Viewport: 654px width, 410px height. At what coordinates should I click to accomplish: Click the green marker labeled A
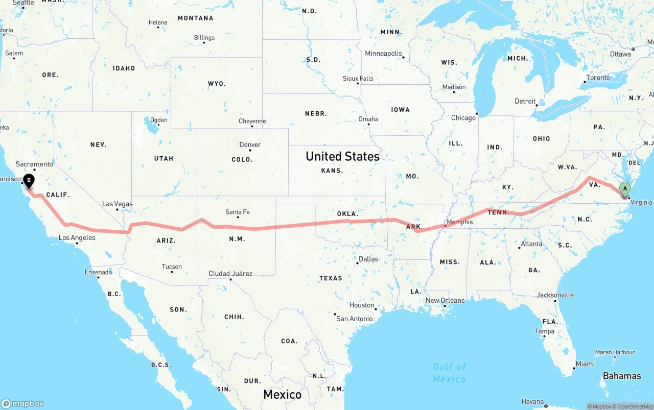624,189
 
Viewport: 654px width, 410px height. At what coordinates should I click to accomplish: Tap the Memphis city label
459,222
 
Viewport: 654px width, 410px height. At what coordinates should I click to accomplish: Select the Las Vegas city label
117,204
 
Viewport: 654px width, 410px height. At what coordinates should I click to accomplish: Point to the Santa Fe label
238,212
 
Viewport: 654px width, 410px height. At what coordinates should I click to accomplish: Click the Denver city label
250,144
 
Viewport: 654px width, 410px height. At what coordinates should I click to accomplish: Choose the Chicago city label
463,118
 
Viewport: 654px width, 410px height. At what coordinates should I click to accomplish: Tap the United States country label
342,156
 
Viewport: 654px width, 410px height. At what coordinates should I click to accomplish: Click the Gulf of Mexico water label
449,373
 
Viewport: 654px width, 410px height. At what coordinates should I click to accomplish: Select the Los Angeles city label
77,237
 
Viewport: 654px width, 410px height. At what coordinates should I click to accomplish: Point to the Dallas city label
368,259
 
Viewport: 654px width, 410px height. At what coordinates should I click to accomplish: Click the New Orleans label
445,300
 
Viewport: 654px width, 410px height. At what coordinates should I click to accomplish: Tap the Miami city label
585,364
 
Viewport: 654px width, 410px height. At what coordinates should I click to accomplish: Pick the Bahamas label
622,376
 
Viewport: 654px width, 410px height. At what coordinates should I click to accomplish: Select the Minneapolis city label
383,54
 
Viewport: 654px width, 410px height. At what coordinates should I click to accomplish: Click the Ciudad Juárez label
230,274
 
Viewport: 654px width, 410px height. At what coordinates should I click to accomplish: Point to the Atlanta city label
531,244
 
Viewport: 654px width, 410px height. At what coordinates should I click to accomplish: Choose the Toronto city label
598,78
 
